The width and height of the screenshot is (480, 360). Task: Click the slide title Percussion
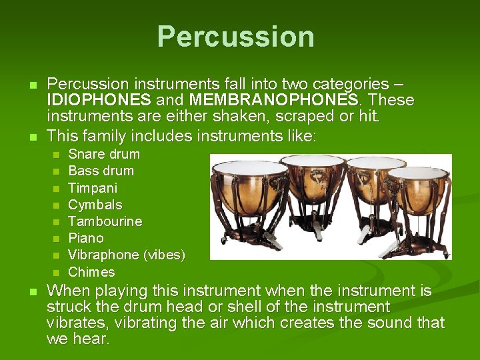coord(236,37)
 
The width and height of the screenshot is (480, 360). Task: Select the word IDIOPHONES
coord(98,101)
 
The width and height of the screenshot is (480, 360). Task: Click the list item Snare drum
coord(104,154)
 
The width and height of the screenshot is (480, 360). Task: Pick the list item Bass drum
coord(101,171)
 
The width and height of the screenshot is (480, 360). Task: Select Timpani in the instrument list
coord(93,188)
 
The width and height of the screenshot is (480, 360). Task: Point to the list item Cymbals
coord(95,205)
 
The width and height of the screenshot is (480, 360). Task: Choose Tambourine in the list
coord(105,221)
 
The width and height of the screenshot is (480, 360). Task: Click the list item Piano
coord(86,238)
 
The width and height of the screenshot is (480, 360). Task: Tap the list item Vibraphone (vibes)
coord(127,255)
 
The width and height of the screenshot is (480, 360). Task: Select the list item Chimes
coord(91,272)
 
